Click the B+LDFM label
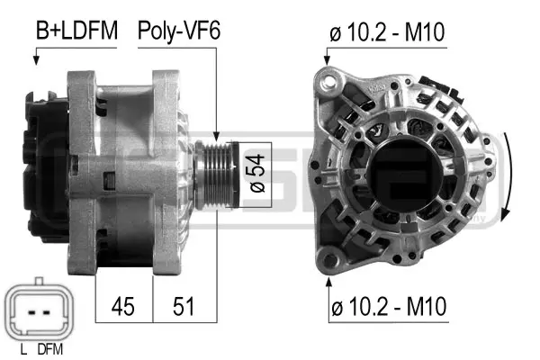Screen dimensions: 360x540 click(76, 31)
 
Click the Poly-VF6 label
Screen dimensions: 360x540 click(179, 31)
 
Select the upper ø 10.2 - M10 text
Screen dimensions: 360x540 click(386, 34)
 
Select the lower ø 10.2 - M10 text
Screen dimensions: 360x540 click(386, 308)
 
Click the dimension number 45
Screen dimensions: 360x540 click(122, 306)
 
